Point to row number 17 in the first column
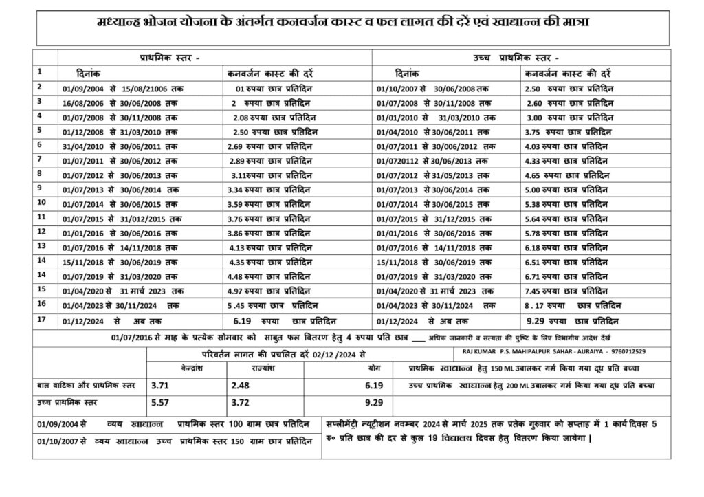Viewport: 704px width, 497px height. click(x=41, y=319)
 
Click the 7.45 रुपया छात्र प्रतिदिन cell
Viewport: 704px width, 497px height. click(x=570, y=290)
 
